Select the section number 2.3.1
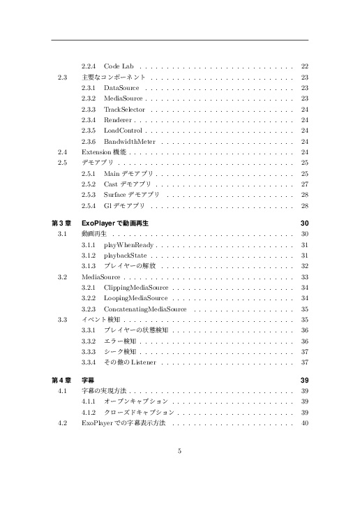coord(89,88)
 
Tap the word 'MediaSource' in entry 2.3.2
coord(123,99)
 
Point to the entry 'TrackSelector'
coord(124,110)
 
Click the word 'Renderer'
coord(117,120)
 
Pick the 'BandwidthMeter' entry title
coord(129,141)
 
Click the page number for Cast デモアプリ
coord(304,184)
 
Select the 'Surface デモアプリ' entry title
coord(131,194)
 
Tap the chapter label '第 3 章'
coord(61,223)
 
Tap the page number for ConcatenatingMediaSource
coord(304,309)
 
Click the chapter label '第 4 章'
coord(61,380)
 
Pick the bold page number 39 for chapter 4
coord(304,380)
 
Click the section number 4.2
coord(63,423)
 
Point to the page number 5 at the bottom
coord(180,450)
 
